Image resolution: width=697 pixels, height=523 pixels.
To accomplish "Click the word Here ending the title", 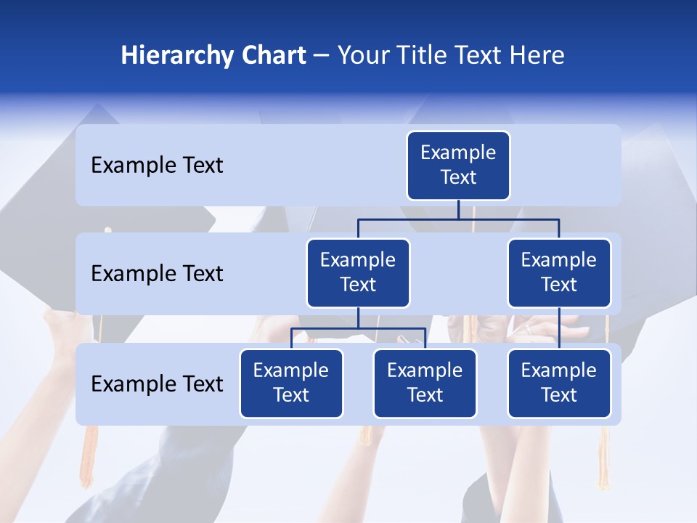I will (x=536, y=56).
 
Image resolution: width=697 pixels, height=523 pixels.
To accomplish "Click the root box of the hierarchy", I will (x=458, y=166).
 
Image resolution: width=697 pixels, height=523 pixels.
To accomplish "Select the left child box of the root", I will (x=358, y=273).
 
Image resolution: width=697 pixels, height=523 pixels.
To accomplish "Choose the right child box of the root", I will (x=559, y=273).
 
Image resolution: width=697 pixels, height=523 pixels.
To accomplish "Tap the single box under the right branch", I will (x=559, y=384).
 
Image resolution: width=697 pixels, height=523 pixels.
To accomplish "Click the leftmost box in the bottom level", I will (x=291, y=384).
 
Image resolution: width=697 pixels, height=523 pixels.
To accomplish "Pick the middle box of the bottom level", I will (x=425, y=384).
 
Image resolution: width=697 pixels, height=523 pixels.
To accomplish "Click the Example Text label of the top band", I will (x=157, y=166).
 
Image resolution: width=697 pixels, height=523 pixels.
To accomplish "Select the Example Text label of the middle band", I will (x=157, y=274).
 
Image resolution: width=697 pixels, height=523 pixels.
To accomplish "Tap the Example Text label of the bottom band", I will (x=157, y=384).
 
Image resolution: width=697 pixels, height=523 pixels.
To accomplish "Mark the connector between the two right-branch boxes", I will (x=559, y=328).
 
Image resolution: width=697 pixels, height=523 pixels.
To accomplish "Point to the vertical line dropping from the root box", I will (x=458, y=209).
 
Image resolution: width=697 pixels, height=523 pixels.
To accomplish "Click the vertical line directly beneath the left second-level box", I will (x=358, y=317).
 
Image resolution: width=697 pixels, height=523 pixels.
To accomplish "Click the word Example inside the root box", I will (x=458, y=153).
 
